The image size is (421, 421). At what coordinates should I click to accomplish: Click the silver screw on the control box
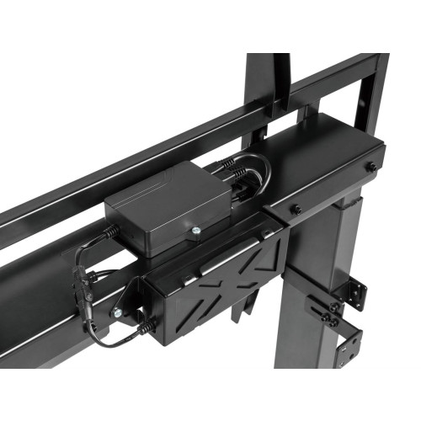pos(195,232)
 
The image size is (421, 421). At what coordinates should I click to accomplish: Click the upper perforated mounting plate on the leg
pos(354,291)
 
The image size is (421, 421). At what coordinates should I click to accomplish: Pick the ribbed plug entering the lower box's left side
pos(146,323)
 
